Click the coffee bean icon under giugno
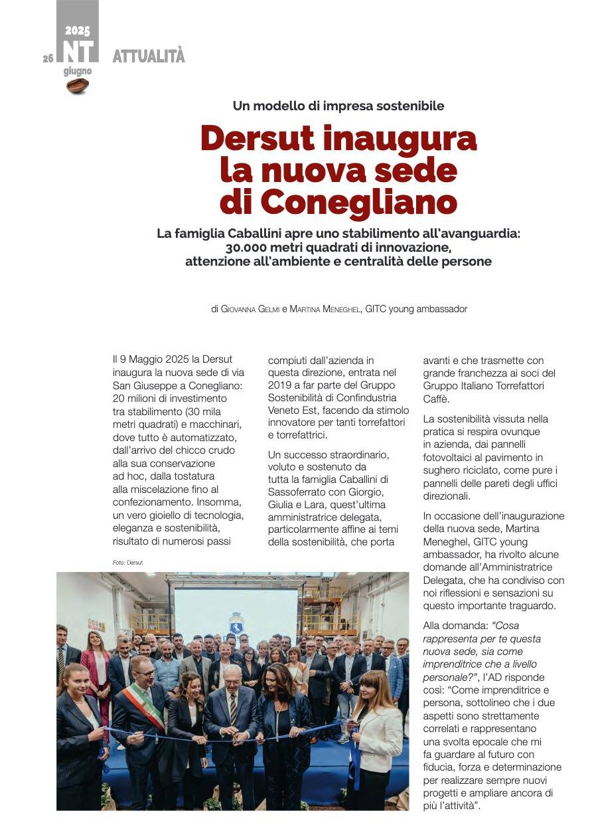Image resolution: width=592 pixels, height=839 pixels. pos(77,86)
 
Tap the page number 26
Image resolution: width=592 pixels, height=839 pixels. pos(48,58)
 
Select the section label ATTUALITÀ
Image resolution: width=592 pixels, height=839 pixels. pos(149,56)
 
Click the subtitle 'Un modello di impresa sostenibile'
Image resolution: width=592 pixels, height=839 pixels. pos(338,106)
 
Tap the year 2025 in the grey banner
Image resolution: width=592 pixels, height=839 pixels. pos(77,31)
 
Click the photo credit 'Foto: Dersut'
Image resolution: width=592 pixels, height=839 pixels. pos(127,563)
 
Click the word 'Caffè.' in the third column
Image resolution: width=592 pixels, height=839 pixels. pos(437,399)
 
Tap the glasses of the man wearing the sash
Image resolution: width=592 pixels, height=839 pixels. pos(142,673)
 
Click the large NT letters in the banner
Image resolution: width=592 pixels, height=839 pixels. pos(77,51)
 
